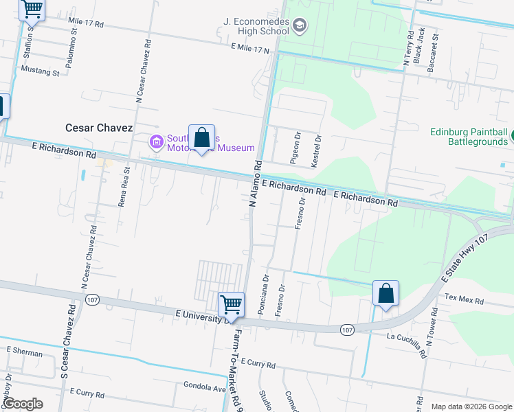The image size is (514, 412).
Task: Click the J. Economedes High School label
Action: pos(256,26)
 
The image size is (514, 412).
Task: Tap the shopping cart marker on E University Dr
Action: pos(231,305)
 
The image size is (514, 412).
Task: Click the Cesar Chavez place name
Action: pos(99,128)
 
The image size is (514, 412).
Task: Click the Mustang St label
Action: pos(41,71)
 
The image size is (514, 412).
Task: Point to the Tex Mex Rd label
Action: pos(465,300)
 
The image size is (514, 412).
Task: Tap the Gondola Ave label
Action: pos(205,386)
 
